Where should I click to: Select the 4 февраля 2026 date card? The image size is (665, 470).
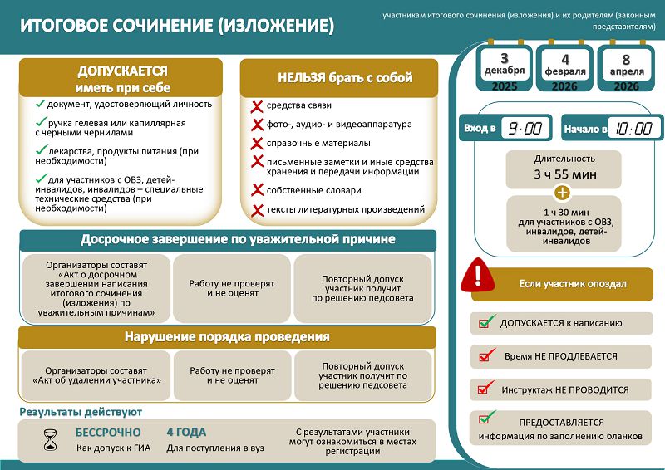coord(565,71)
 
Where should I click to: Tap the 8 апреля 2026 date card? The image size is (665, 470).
coord(626,71)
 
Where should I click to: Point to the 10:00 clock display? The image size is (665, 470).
coord(635,128)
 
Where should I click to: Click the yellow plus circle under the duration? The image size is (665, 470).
coord(563,193)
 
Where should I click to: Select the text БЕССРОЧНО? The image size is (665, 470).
coord(108,433)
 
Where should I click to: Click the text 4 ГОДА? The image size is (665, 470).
coord(186,433)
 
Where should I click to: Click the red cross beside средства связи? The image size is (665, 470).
coord(257,106)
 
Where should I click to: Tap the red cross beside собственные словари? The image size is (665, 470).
coord(257,191)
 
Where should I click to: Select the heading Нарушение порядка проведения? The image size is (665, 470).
coord(227,337)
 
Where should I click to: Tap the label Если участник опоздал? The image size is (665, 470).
coord(573,284)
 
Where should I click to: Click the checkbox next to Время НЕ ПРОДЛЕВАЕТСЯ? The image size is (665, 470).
coord(485,356)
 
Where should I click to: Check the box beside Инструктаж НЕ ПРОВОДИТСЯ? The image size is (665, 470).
coord(485,389)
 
